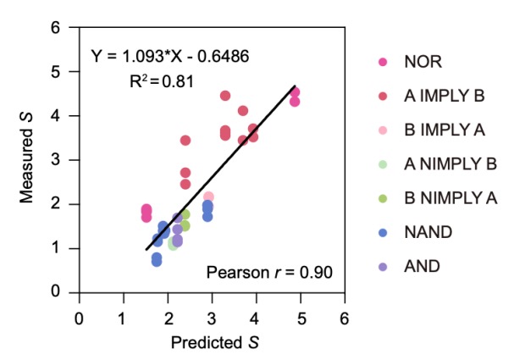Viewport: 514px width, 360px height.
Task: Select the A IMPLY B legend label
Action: pyautogui.click(x=445, y=97)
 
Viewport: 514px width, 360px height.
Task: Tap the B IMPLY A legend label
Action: pyautogui.click(x=445, y=130)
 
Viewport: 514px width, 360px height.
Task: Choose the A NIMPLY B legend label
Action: pyautogui.click(x=450, y=165)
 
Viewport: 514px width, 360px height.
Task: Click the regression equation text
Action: pyautogui.click(x=171, y=58)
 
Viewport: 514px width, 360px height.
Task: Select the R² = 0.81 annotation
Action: pyautogui.click(x=160, y=82)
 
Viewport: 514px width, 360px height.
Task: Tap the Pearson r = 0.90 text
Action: pyautogui.click(x=269, y=272)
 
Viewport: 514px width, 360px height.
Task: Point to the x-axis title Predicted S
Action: pyautogui.click(x=212, y=342)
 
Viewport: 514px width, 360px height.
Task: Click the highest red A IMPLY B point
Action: pyautogui.click(x=225, y=96)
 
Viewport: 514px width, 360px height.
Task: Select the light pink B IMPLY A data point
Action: pyautogui.click(x=208, y=197)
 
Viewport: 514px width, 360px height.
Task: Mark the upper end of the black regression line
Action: pyautogui.click(x=294, y=86)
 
